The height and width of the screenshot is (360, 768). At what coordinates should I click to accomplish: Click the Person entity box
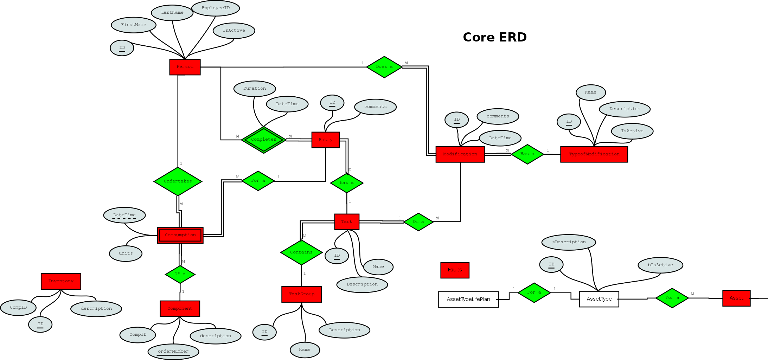185,67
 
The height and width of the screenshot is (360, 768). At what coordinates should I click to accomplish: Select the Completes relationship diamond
263,140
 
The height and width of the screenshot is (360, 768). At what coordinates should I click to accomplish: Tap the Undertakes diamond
178,181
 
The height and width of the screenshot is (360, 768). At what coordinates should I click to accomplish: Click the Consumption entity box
180,235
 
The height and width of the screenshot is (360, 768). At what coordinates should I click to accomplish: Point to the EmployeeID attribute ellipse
216,8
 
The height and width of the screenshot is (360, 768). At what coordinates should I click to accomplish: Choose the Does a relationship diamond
384,67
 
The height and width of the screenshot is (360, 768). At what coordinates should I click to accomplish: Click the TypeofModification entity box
594,154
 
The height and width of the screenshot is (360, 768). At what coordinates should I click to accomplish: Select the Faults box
455,270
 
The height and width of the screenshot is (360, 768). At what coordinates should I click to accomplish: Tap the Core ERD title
494,37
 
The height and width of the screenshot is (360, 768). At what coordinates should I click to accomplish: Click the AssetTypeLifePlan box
468,299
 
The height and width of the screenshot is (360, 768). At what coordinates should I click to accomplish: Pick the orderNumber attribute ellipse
173,351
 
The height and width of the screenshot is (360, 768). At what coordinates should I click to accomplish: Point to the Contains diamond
301,252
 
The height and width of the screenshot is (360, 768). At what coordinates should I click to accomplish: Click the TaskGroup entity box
301,294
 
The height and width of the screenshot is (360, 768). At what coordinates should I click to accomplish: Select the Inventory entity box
61,281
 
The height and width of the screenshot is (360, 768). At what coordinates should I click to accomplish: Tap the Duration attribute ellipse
255,89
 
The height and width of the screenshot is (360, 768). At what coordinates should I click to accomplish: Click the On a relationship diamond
418,222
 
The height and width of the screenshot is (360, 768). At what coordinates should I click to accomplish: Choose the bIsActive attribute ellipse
660,265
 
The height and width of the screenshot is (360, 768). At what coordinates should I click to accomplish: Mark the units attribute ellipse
126,253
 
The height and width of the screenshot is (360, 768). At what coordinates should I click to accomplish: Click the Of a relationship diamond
180,274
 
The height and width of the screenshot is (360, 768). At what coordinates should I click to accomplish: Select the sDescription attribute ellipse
569,242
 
